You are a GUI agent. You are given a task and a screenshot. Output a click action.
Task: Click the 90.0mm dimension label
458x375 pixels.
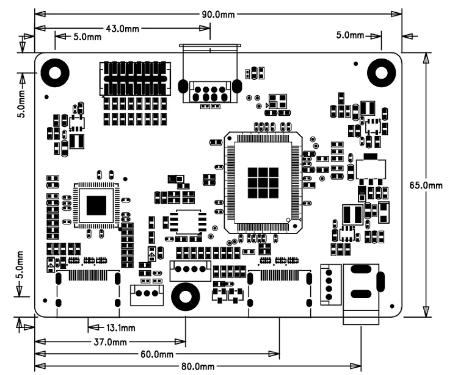coord(218,14)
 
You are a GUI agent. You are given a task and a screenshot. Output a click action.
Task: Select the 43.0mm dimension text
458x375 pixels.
coord(122,29)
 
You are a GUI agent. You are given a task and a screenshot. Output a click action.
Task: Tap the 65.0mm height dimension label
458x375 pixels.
coord(426,185)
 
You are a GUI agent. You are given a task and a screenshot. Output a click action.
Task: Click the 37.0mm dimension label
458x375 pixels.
coord(111,341)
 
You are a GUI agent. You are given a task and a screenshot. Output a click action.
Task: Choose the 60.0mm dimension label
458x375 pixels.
coord(157,354)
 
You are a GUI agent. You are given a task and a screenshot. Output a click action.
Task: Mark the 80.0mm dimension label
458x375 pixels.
coord(198,366)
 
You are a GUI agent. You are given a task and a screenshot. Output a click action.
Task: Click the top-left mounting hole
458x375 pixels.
coord(55,73)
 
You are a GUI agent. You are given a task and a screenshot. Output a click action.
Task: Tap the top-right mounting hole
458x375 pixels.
coord(381,73)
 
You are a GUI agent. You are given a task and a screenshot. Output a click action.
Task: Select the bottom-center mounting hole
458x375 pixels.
coord(186,297)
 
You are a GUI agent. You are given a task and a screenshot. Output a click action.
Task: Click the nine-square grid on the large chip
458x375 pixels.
coord(263,182)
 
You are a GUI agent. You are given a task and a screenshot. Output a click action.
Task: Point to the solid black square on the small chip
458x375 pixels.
coord(96,205)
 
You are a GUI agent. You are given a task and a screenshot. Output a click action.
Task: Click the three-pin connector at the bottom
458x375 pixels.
coord(147,295)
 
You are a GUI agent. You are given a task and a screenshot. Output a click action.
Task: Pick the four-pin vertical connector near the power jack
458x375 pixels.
coord(330,285)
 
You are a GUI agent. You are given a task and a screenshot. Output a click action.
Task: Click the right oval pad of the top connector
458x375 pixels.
coord(236,87)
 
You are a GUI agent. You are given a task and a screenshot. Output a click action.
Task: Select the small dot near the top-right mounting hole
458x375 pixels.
coord(356,63)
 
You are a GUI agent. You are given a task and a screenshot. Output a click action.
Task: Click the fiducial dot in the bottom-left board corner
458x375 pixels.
coord(45,301)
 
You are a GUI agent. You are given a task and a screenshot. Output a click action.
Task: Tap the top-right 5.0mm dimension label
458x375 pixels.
coord(350,35)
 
